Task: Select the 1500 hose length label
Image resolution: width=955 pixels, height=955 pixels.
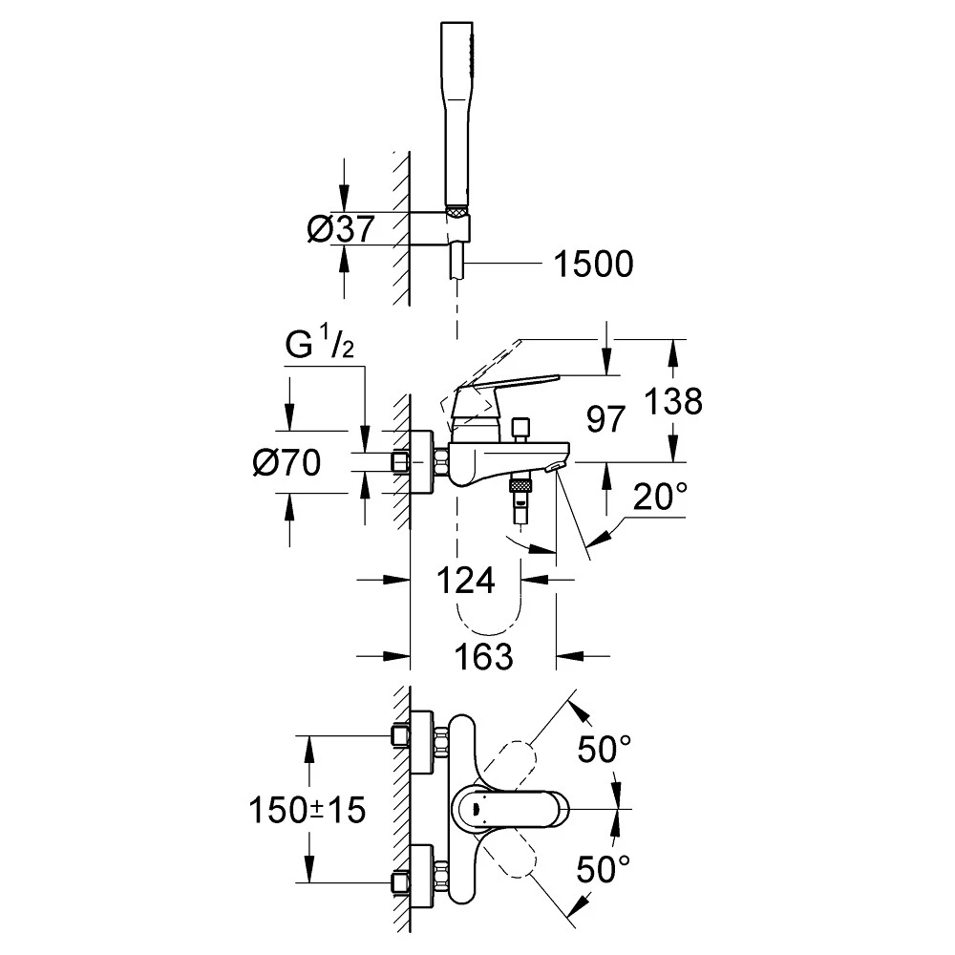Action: click(x=594, y=265)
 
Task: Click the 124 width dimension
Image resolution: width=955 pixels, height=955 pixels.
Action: click(x=467, y=580)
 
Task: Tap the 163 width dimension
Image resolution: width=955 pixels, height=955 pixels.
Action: click(x=482, y=656)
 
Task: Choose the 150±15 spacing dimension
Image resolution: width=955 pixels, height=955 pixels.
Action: click(x=308, y=811)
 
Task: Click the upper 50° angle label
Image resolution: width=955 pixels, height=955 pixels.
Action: click(x=603, y=750)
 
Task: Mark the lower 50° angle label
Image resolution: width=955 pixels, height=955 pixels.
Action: click(x=603, y=869)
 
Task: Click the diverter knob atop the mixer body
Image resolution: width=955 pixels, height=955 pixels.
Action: click(x=520, y=428)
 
